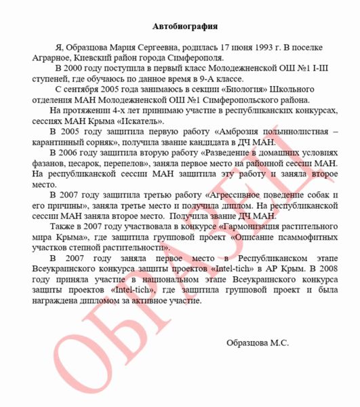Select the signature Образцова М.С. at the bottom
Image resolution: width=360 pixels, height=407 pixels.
click(x=257, y=343)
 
